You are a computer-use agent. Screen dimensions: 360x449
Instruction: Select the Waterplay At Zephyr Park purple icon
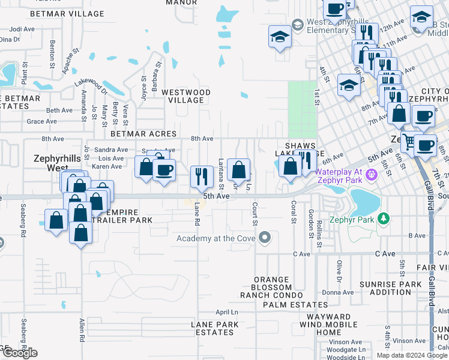[x=371, y=175]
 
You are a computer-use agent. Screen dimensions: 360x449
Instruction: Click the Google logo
[x=19, y=353]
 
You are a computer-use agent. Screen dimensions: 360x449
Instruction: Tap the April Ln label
[x=227, y=313]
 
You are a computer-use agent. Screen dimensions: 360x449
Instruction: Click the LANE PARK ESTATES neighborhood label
[x=214, y=328]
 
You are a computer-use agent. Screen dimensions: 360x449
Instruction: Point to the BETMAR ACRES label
[x=143, y=134]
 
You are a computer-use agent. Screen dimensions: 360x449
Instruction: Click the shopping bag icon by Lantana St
[x=239, y=170]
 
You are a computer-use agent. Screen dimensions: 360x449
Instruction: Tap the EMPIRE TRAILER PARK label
[x=128, y=216]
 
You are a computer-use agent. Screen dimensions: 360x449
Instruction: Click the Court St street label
[x=255, y=213]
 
